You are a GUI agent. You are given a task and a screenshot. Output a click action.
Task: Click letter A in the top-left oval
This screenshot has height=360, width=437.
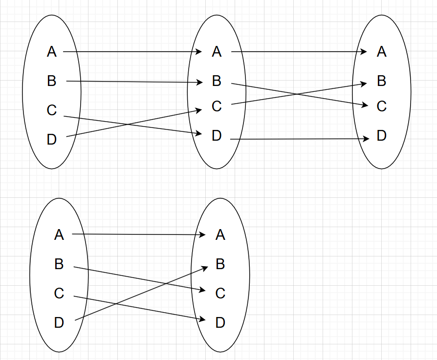click(x=52, y=51)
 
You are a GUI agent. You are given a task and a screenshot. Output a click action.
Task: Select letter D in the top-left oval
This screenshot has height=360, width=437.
click(x=52, y=140)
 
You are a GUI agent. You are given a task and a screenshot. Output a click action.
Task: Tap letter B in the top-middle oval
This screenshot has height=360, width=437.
click(x=217, y=81)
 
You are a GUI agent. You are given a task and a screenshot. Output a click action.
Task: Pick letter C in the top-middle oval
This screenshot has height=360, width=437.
click(x=217, y=106)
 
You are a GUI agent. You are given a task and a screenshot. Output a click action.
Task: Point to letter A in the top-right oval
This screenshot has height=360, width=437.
click(x=382, y=51)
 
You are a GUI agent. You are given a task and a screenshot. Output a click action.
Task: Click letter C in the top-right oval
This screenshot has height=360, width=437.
click(x=382, y=106)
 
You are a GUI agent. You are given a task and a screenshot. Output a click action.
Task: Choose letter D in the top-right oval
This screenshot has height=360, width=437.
click(x=382, y=136)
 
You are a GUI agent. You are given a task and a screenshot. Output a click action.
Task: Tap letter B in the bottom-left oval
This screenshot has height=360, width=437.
click(x=59, y=264)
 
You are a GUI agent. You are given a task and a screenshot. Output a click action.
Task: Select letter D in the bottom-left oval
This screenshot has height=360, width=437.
click(x=59, y=322)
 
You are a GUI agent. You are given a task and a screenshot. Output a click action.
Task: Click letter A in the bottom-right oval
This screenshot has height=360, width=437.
click(x=220, y=235)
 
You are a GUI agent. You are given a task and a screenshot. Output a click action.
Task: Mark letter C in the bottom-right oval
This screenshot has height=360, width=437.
click(x=220, y=293)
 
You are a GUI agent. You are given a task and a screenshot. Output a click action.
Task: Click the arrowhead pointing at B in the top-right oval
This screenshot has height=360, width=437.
click(x=364, y=84)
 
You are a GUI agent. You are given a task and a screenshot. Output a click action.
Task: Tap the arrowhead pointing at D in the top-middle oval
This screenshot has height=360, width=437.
click(x=199, y=133)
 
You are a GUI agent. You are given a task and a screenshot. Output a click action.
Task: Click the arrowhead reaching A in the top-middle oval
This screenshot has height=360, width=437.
click(x=199, y=51)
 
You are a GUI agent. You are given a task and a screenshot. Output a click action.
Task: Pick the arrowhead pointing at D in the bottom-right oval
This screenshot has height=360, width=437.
click(x=202, y=320)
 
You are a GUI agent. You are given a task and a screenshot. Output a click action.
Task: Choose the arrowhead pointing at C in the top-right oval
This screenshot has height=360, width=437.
click(x=365, y=105)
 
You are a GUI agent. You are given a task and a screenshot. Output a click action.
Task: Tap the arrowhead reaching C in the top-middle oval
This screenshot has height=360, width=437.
click(x=199, y=110)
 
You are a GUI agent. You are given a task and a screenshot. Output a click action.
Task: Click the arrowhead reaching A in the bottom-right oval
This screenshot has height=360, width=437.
click(x=202, y=235)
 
